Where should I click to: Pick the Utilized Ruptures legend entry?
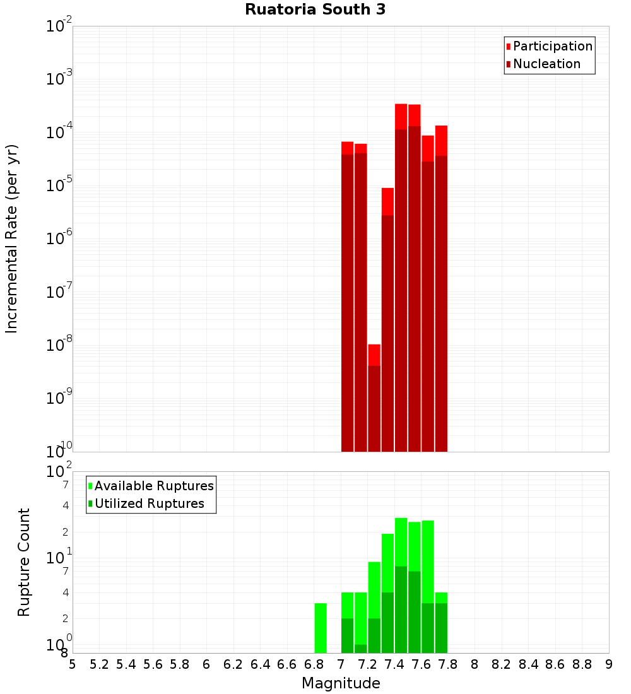pos(149,503)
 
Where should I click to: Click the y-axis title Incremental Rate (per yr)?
pos(12,238)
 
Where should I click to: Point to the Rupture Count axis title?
pos(24,562)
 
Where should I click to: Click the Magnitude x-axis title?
pos(341,683)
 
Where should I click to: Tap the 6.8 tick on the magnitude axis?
pos(314,664)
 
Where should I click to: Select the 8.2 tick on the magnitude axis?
pos(502,664)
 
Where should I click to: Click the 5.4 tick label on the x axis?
pos(126,664)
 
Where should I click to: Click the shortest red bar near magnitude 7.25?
pos(374,397)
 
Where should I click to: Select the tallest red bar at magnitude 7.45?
pos(401,278)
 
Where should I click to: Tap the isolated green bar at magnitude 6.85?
pos(321,628)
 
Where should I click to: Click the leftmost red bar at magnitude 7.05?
pos(347,297)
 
